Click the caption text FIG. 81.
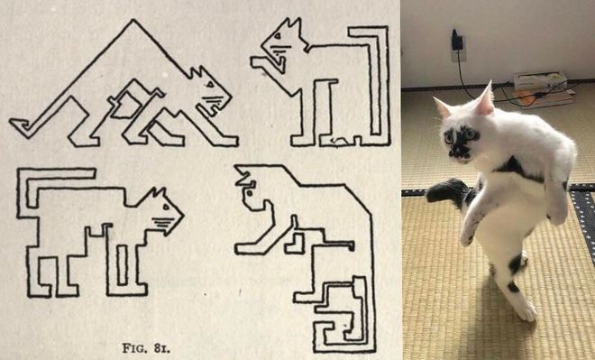[146, 348]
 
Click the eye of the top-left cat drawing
[210, 84]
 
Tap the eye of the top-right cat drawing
[278, 36]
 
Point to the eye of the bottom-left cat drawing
[166, 208]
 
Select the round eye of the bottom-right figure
[250, 193]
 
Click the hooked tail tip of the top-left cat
[20, 124]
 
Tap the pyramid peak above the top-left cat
[133, 20]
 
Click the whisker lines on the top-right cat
[281, 50]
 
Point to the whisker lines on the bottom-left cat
[163, 223]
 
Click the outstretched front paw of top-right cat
[261, 62]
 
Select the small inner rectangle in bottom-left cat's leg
[122, 265]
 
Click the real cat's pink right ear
[485, 99]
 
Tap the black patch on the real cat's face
[460, 143]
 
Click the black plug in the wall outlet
[456, 41]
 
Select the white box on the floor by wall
[540, 81]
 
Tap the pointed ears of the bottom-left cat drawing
[159, 193]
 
